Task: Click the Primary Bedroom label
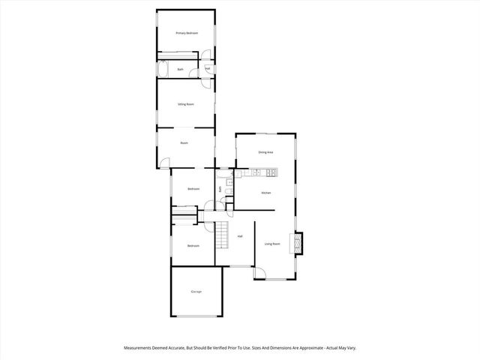[x=186, y=34]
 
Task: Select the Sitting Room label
[x=185, y=104]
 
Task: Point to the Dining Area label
[x=265, y=153]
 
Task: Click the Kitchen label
[x=265, y=193]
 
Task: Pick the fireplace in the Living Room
[x=299, y=243]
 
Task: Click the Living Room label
[x=271, y=244]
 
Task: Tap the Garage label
[x=196, y=291]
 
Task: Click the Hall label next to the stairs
[x=240, y=237]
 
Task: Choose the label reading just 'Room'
[x=184, y=142]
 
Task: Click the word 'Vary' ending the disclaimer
[x=351, y=348]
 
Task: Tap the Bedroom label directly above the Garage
[x=193, y=246]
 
